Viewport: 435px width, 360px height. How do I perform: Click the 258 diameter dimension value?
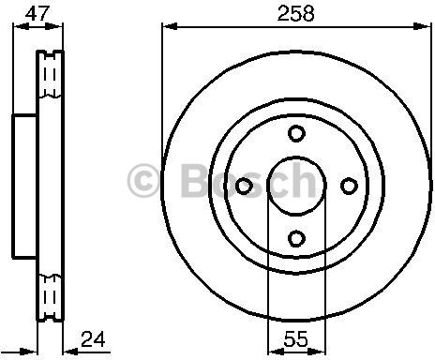click(295, 14)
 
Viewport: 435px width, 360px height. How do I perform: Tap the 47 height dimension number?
click(37, 13)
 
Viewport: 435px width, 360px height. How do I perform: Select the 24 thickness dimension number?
click(93, 339)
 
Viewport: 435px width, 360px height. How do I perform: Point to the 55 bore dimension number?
click(295, 339)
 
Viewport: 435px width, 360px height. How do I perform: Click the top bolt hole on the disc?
click(296, 133)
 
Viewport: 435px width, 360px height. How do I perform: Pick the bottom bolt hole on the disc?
click(296, 238)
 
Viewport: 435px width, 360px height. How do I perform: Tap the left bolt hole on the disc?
click(244, 187)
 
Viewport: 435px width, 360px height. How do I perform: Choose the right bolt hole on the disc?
click(349, 186)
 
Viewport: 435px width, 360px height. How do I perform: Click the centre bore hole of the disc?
click(296, 187)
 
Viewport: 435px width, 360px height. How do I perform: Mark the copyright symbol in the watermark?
click(142, 180)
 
